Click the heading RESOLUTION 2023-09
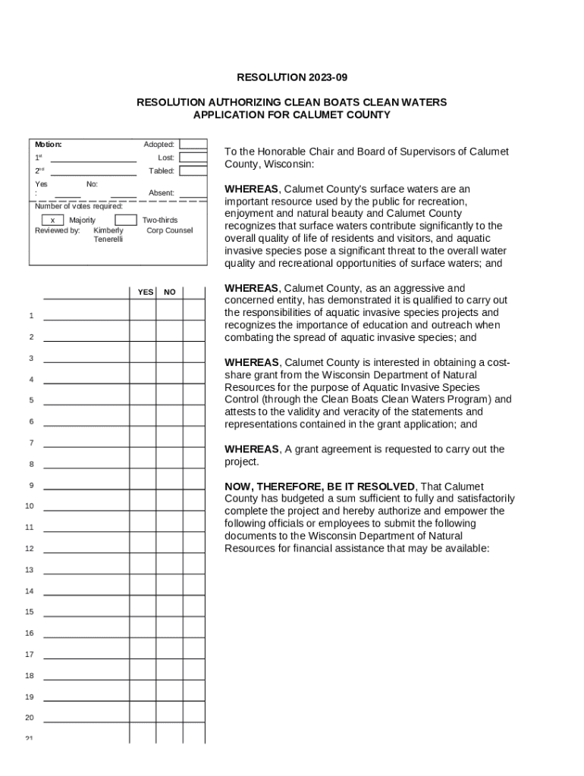[x=292, y=77]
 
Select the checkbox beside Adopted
[x=193, y=144]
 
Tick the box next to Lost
[x=193, y=158]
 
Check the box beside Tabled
[x=193, y=171]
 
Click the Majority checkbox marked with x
[x=52, y=221]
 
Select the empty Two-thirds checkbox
[x=126, y=221]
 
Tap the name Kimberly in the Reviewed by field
[x=108, y=230]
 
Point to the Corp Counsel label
[x=170, y=230]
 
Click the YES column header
[x=145, y=292]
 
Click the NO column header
[x=170, y=292]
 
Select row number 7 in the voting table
[x=31, y=443]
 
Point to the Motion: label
[x=49, y=144]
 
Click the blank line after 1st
[x=93, y=158]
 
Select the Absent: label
[x=162, y=193]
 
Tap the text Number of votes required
[x=79, y=206]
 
